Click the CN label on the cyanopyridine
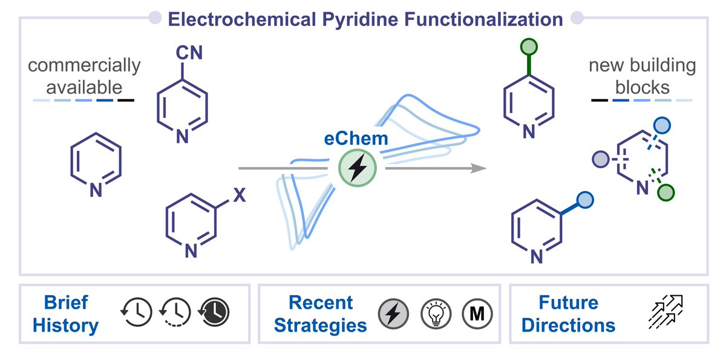189,53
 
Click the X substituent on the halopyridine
240,195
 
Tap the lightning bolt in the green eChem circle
357,168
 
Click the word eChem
356,139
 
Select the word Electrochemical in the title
242,19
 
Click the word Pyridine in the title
361,20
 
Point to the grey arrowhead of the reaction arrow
479,168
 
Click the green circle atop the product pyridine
529,47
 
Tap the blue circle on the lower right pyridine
585,200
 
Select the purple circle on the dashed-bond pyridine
601,159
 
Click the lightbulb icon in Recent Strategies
436,313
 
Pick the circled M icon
477,313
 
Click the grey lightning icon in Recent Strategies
393,313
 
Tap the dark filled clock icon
214,312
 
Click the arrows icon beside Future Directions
665,312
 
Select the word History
66,326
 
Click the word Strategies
320,326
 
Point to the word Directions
568,325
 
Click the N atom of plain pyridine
96,190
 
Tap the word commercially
84,66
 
